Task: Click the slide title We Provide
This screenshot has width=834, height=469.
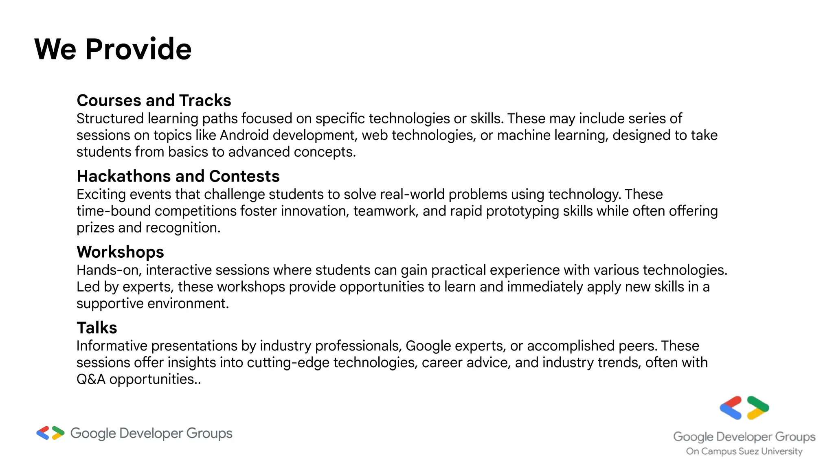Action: point(113,49)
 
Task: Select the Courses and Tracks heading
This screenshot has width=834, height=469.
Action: point(154,101)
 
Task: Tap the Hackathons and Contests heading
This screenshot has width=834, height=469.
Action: point(178,176)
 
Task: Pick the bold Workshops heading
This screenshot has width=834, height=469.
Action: point(120,252)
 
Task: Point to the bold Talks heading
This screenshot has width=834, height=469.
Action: point(97,328)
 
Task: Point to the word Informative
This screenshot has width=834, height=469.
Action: point(111,346)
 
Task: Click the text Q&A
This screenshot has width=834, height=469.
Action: point(91,379)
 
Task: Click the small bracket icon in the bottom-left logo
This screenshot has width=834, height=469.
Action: point(50,433)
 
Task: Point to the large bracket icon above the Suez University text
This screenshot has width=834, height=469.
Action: point(744,408)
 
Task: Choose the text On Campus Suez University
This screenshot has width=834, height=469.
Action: point(744,451)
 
